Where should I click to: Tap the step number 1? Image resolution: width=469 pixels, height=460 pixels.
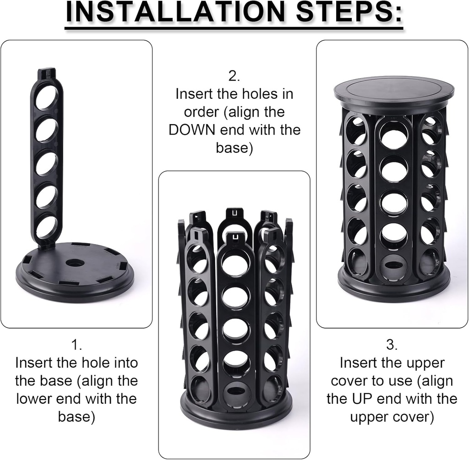tap(76, 345)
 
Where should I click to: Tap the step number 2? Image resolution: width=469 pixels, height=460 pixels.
tap(234, 76)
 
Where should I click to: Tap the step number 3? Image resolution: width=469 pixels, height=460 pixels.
tap(392, 345)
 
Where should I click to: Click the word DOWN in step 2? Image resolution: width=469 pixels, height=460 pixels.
tap(192, 130)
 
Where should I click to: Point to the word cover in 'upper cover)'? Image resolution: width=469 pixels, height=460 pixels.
tap(408, 417)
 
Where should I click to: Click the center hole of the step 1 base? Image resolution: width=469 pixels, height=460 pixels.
tap(73, 264)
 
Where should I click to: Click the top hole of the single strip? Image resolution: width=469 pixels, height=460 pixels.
tap(47, 97)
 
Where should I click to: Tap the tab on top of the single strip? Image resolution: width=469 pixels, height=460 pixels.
tap(47, 73)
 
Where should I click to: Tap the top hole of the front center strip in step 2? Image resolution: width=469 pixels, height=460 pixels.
tap(236, 266)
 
